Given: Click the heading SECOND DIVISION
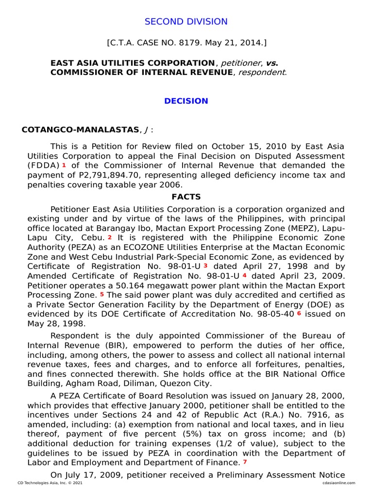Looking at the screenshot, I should (186, 21).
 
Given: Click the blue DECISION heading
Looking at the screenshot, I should (186, 101).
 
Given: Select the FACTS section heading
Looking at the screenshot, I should (186, 197).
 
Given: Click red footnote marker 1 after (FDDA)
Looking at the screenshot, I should (64, 165).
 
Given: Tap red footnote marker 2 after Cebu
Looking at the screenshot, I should (110, 237).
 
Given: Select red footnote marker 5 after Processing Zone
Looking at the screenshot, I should (102, 294).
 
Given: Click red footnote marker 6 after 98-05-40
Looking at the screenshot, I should (299, 313).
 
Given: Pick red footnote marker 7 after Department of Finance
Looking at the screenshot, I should (245, 462).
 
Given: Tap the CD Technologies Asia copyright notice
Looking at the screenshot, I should (50, 483).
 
